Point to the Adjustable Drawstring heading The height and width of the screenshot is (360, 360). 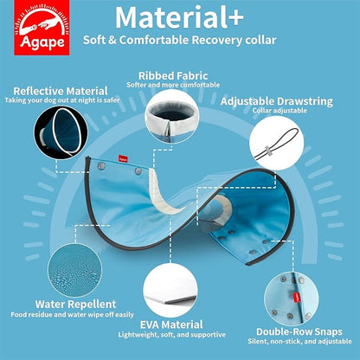(x=277, y=101)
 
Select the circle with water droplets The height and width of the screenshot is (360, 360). (x=75, y=267)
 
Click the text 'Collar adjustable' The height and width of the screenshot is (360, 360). (x=277, y=112)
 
